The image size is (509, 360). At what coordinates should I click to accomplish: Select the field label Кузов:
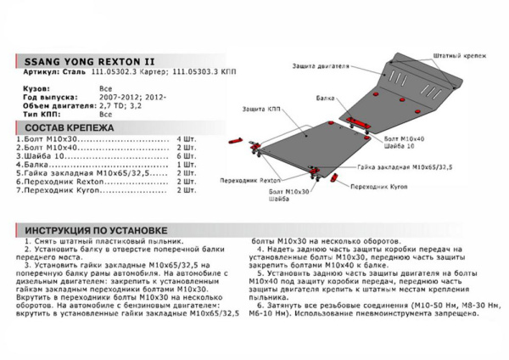(33, 87)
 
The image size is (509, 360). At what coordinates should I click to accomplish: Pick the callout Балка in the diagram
(318, 98)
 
